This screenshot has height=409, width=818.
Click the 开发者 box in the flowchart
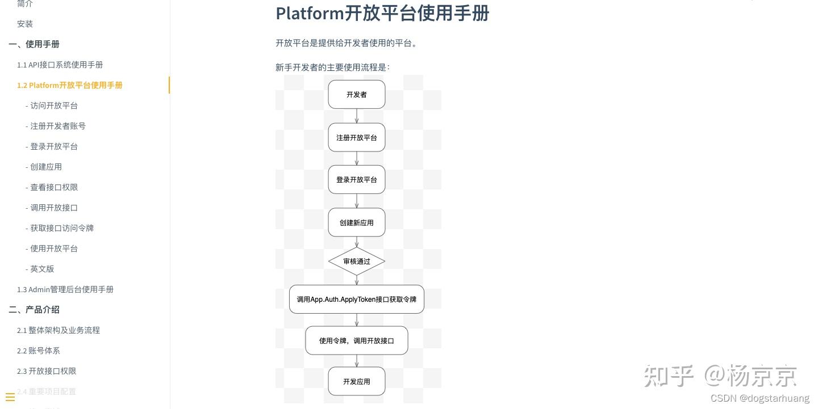pyautogui.click(x=357, y=95)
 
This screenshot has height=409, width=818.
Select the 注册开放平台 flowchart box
pyautogui.click(x=357, y=138)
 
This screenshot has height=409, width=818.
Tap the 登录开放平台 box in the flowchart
pyautogui.click(x=357, y=180)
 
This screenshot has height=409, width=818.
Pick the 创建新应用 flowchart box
pyautogui.click(x=357, y=223)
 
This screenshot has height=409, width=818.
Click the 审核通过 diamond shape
pyautogui.click(x=357, y=262)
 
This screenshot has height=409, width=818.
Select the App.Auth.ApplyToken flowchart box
pyautogui.click(x=357, y=299)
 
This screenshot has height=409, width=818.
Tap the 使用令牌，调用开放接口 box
pyautogui.click(x=357, y=341)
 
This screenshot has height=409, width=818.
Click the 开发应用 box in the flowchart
pyautogui.click(x=357, y=382)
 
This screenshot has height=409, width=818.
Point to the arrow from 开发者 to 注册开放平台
pyautogui.click(x=357, y=116)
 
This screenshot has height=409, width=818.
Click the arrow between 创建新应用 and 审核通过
pyautogui.click(x=357, y=242)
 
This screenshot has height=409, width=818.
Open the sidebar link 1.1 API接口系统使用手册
pyautogui.click(x=60, y=65)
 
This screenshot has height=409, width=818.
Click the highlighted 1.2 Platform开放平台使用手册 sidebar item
pyautogui.click(x=69, y=85)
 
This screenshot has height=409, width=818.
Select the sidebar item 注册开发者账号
pyautogui.click(x=57, y=126)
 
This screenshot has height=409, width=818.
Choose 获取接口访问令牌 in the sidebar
pyautogui.click(x=61, y=228)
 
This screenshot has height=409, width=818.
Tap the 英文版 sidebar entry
pyautogui.click(x=42, y=269)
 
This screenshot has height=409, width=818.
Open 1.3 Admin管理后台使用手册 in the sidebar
pyautogui.click(x=65, y=289)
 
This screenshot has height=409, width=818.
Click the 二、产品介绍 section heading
pyautogui.click(x=34, y=310)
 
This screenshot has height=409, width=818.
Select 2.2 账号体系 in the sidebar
pyautogui.click(x=38, y=351)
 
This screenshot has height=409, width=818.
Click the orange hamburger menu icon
pyautogui.click(x=10, y=397)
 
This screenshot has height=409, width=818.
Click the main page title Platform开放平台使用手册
pyautogui.click(x=382, y=13)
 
